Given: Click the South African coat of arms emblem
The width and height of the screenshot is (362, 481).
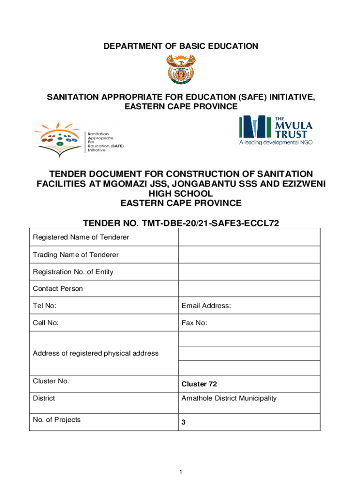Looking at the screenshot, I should coord(181,69).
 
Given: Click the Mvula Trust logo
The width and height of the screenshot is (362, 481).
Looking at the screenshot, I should coord(275,129).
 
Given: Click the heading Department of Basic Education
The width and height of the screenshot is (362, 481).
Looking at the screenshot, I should coord(181,46).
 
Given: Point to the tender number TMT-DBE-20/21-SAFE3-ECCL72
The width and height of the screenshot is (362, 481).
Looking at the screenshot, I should coord(181,223).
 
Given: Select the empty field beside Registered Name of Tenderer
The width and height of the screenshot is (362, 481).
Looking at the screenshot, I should coord(249,237).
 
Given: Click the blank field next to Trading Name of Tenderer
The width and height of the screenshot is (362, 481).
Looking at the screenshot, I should coord(249,255).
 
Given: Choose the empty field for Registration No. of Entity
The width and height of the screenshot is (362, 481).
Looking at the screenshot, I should coord(249,272).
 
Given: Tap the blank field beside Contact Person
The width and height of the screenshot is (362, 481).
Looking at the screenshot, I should coord(249,288).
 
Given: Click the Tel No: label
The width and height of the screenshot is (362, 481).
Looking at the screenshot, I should coord(45,306).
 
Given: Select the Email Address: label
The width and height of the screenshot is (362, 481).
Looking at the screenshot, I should coord(206,306).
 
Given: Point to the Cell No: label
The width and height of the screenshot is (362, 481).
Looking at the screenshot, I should coord(46,323).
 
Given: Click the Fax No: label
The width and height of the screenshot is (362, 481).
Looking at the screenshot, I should coord(194,323).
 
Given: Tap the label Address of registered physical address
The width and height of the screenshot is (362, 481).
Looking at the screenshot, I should coord(95,353).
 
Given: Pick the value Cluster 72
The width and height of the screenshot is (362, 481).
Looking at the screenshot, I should coord(199,384).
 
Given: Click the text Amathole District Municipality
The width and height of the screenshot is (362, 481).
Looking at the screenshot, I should coord(229,398).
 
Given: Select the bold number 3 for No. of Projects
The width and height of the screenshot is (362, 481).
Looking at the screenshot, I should coord(184,422).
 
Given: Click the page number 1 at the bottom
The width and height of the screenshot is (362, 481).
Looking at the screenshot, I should coord(181,471).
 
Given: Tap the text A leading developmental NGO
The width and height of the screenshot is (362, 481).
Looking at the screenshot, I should coord(275,142).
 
